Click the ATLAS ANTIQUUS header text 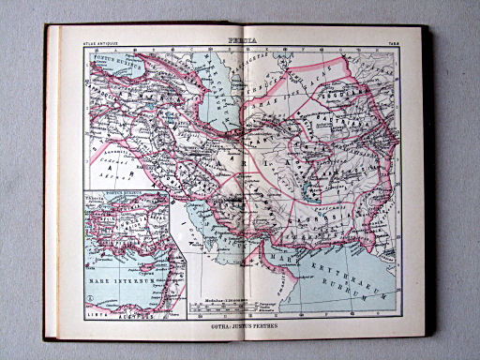click(x=103, y=41)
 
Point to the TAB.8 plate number click(x=391, y=41)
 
